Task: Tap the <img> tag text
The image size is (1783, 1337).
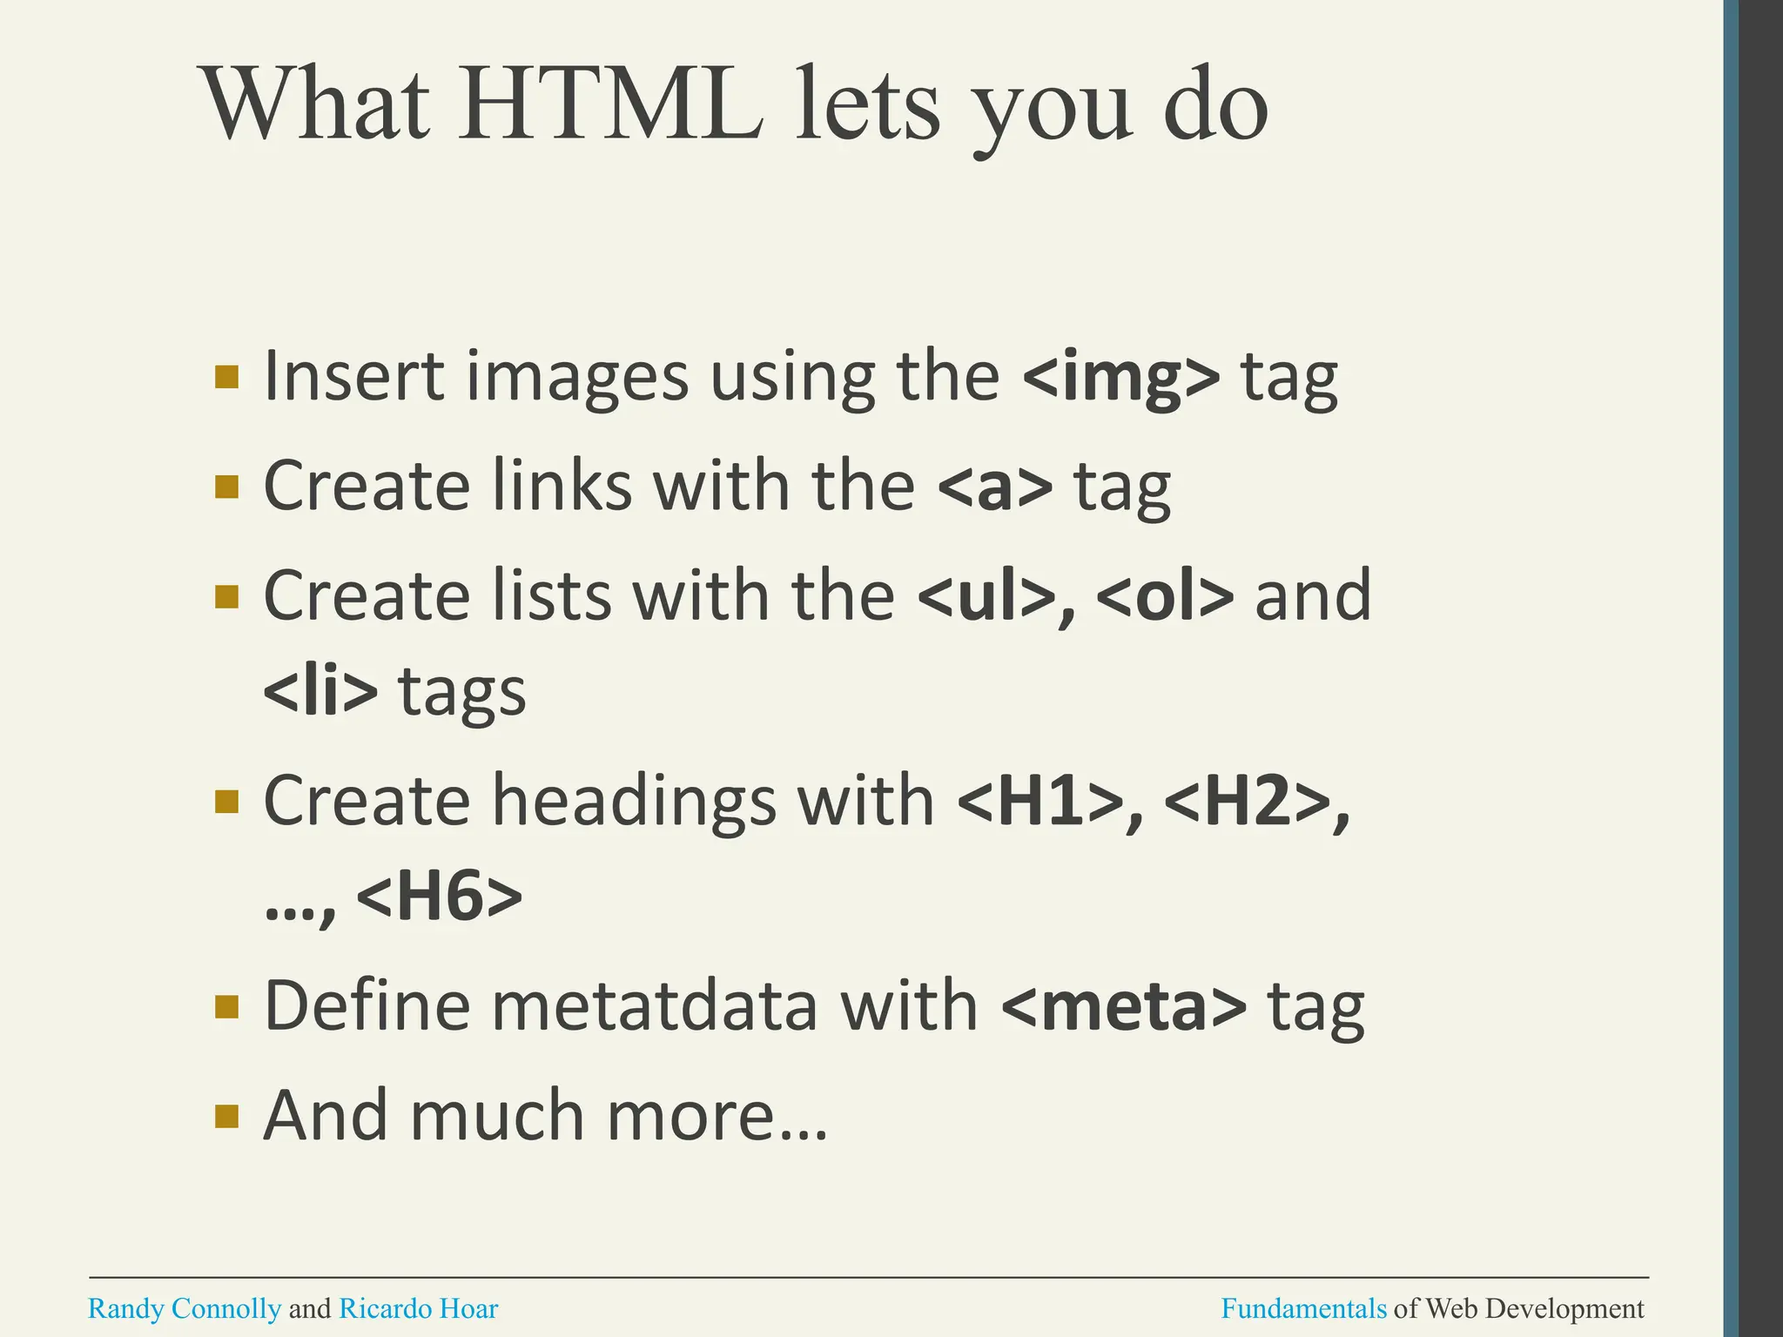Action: point(1121,378)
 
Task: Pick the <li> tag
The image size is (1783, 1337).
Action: point(320,692)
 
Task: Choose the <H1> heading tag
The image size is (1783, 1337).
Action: point(1039,802)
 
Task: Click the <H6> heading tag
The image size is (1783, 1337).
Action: point(440,898)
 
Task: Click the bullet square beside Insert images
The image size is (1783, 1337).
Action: point(226,377)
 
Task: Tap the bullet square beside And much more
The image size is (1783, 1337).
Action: point(226,1116)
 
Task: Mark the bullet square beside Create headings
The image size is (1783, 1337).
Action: point(226,801)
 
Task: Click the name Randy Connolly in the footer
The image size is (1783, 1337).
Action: point(185,1309)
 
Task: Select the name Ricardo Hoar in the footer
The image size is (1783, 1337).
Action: point(418,1309)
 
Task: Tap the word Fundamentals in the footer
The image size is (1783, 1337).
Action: point(1303,1309)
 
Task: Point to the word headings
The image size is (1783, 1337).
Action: point(633,802)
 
